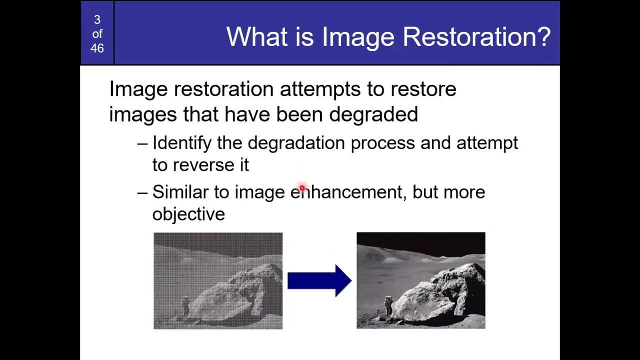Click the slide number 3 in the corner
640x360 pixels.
[x=97, y=20]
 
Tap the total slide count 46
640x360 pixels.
[x=97, y=48]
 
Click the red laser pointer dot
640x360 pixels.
[x=302, y=188]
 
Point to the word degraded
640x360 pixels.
[x=373, y=114]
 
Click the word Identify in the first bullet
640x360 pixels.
[x=182, y=143]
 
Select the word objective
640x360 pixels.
[x=188, y=214]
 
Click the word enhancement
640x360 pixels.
[x=346, y=192]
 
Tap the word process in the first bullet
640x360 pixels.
[x=382, y=143]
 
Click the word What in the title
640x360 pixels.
[x=254, y=37]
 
